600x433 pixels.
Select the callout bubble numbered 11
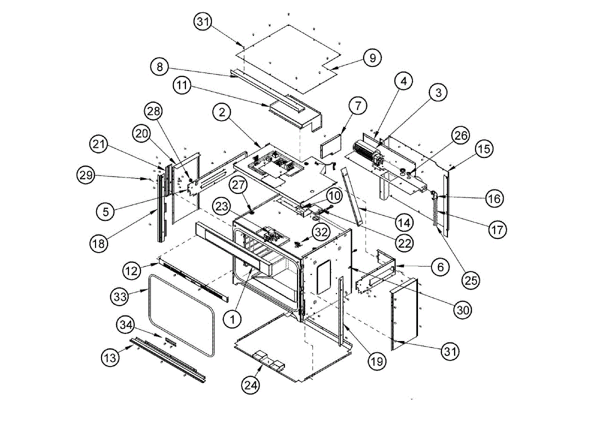(183, 85)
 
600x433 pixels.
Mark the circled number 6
(440, 267)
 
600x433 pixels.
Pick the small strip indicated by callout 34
(170, 340)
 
